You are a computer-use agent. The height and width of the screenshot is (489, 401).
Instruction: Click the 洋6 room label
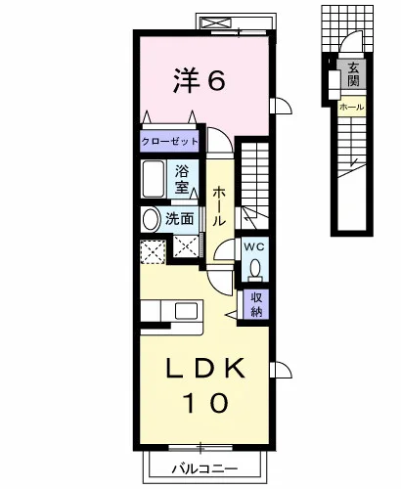pos(200,80)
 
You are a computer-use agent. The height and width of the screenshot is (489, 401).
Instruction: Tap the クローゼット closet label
pos(170,142)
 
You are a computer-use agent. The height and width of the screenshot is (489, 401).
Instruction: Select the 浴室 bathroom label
pos(182,179)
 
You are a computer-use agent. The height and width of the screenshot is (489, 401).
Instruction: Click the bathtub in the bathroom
pos(153,179)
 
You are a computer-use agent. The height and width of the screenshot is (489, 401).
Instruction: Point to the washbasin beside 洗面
pos(151,219)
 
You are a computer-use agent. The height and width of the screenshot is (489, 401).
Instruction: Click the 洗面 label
pos(180,219)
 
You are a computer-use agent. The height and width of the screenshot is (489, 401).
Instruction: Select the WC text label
pos(254,247)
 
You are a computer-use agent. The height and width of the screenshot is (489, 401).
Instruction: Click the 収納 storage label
pos(256,304)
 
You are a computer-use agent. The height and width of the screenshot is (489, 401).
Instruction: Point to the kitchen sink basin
pos(186,311)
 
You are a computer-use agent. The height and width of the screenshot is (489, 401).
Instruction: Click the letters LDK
pos(205,369)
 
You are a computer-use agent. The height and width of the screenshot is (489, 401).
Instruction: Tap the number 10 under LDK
pos(205,403)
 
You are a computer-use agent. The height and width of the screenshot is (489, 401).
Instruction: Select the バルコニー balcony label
pos(204,469)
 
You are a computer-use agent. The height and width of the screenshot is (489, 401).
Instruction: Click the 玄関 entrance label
pos(353,74)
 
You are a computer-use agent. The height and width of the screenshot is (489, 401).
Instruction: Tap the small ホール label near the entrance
pos(351,107)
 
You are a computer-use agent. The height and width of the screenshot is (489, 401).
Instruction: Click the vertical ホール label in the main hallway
pos(219,206)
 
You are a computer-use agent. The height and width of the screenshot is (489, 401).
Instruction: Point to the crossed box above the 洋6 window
pos(216,23)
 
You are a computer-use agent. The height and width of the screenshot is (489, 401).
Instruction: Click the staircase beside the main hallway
pos(254,184)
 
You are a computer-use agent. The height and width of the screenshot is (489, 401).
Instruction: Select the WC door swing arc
pos(224,249)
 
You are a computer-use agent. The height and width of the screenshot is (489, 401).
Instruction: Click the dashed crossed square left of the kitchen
pos(153,251)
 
